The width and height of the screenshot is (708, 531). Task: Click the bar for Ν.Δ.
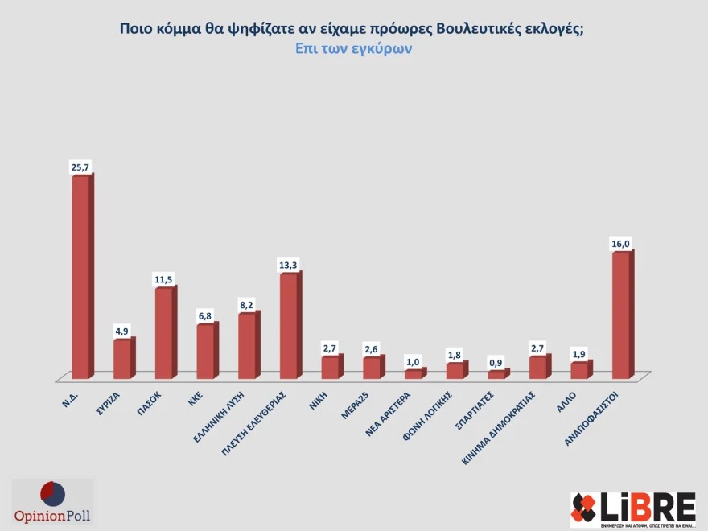[x=80, y=277]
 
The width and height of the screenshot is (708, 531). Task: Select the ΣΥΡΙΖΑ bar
[x=122, y=359]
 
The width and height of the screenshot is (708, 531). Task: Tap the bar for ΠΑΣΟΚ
[x=163, y=333]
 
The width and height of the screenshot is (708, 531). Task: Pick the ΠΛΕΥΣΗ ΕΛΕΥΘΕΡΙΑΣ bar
[x=288, y=326]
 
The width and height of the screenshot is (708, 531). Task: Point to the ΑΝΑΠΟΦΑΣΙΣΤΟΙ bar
[x=620, y=315]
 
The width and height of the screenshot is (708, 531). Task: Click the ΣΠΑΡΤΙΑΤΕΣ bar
[x=496, y=374]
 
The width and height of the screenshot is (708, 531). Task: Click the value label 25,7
[x=80, y=167]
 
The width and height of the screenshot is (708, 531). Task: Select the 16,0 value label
[x=620, y=243]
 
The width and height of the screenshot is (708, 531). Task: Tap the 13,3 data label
[x=288, y=264]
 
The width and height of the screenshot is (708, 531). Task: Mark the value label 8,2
[x=247, y=304]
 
